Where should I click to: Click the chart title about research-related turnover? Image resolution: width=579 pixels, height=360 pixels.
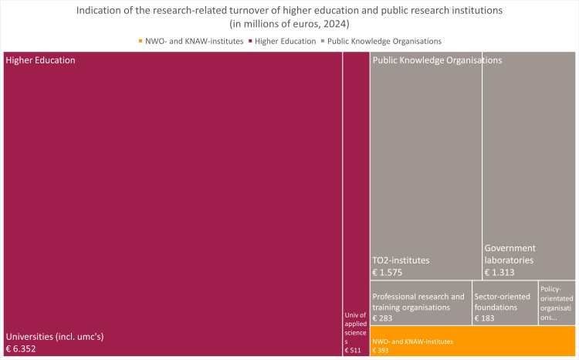coord(289,17)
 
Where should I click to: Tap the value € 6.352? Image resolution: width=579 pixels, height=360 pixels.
coord(21,349)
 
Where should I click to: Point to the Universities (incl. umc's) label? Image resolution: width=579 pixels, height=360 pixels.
coord(56,337)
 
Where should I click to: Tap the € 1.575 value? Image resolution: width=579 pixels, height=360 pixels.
coord(388,272)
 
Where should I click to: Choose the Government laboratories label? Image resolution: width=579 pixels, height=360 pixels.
coord(510,254)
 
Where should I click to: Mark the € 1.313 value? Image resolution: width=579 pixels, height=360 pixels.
coord(499,272)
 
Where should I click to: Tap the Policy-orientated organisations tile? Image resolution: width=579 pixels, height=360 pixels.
coord(557,303)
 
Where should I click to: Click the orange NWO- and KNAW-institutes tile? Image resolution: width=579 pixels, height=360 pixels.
coord(472,341)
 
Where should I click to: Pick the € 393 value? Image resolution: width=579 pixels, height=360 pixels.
coord(381,351)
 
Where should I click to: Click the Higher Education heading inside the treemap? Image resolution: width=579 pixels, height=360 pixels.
coord(40,59)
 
